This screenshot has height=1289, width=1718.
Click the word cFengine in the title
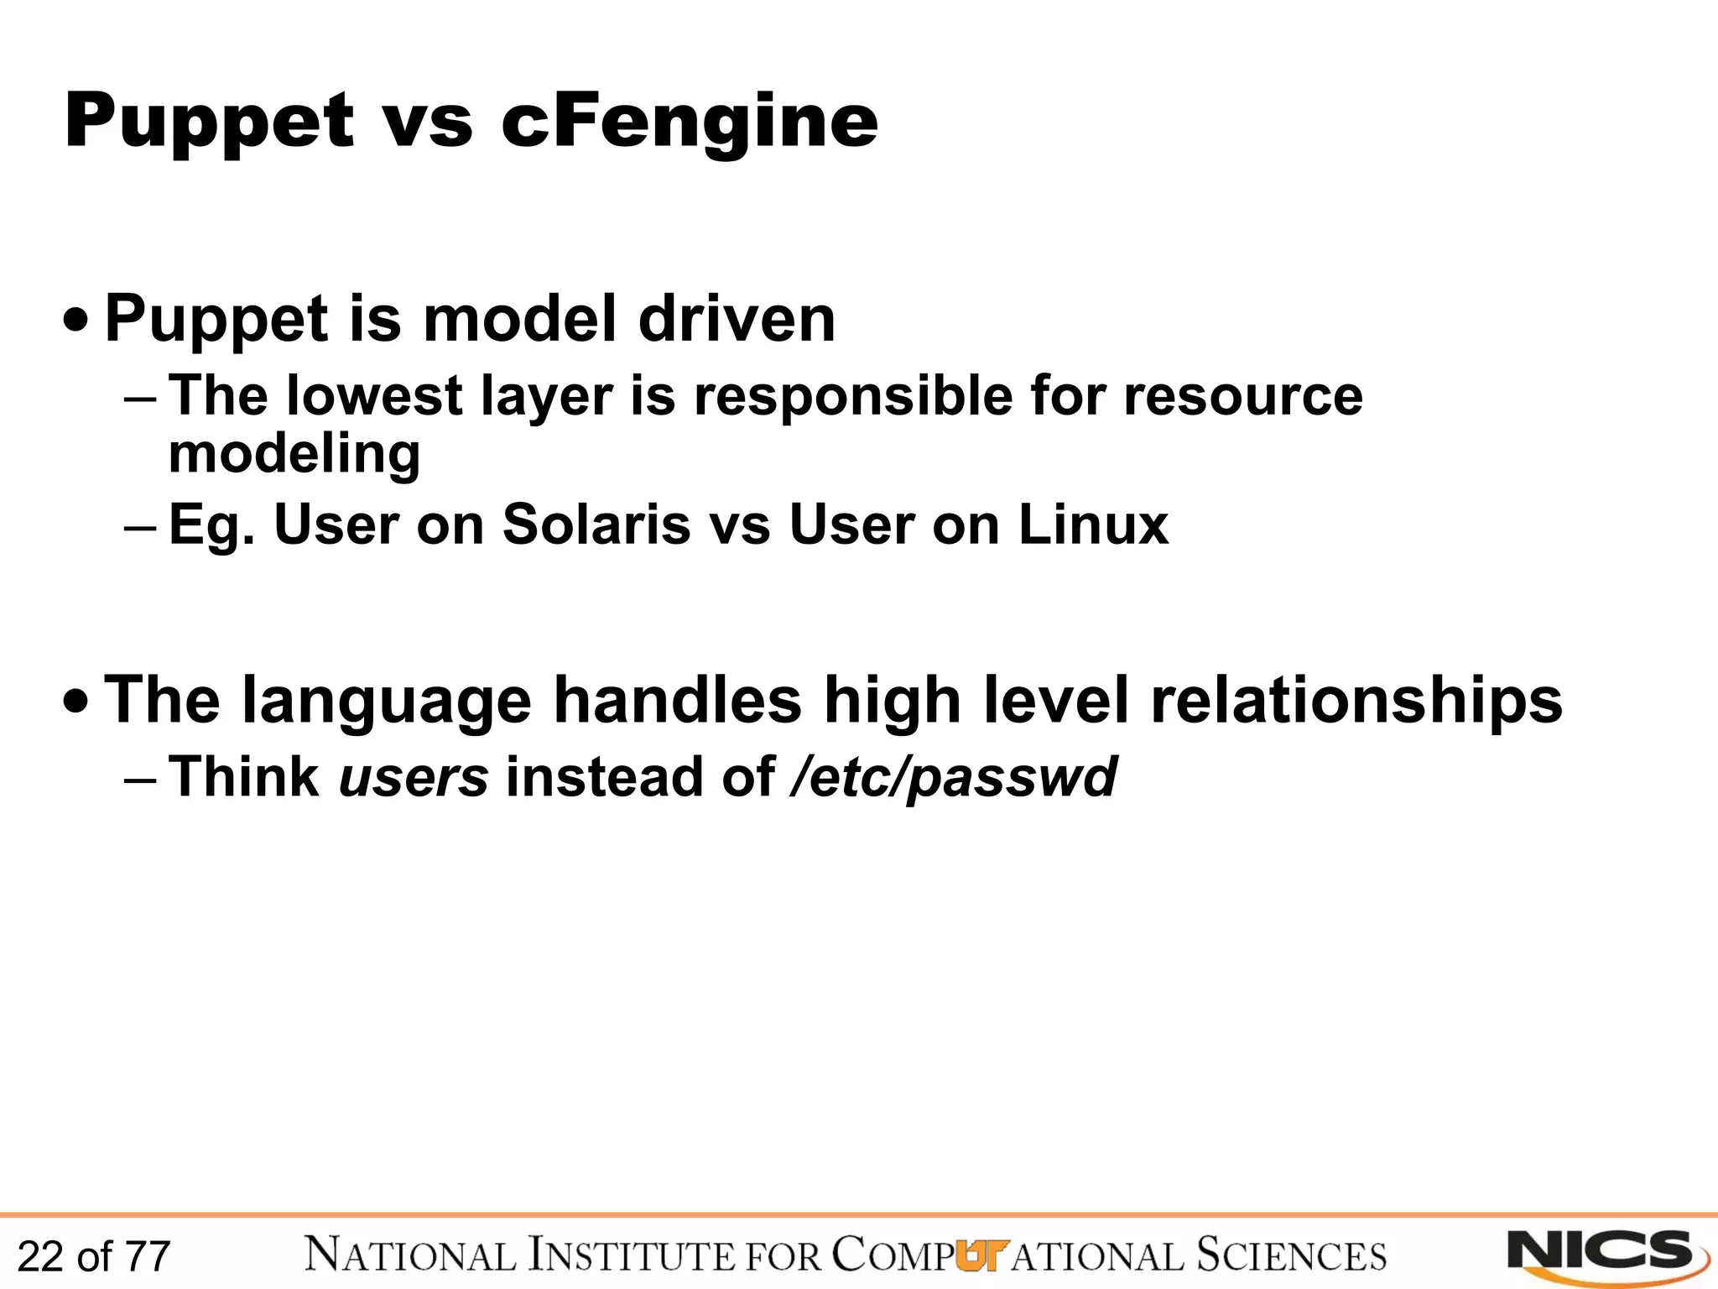(689, 123)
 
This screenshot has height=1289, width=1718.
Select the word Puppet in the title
(210, 123)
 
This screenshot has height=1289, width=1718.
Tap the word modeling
(294, 455)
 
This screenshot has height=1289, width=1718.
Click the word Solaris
(595, 525)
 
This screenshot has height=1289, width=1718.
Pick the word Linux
(1092, 525)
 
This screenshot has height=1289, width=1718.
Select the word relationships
(1356, 701)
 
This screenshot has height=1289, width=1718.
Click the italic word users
(413, 777)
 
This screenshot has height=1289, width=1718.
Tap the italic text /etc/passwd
(953, 777)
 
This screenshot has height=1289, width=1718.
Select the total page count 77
(148, 1257)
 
